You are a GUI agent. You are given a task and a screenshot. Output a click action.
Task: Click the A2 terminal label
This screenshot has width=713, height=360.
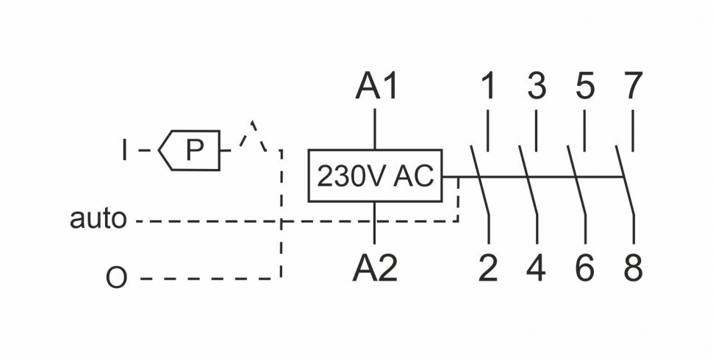click(375, 269)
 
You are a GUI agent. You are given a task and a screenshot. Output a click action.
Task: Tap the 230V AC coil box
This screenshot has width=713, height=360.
click(375, 176)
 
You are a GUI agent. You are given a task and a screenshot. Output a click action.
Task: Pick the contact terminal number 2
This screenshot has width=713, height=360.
click(488, 269)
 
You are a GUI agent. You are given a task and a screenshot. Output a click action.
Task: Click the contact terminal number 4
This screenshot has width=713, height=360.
click(537, 269)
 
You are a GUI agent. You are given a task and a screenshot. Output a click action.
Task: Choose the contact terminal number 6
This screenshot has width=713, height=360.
click(584, 269)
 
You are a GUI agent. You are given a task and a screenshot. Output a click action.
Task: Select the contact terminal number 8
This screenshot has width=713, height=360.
click(633, 269)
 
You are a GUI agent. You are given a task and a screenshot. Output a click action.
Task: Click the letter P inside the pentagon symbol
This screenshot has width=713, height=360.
click(194, 151)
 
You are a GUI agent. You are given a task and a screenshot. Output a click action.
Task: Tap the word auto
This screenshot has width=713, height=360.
click(98, 218)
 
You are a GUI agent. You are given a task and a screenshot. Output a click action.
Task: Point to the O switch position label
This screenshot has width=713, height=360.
click(116, 279)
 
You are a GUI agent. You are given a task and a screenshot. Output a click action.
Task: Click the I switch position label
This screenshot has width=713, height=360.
click(125, 151)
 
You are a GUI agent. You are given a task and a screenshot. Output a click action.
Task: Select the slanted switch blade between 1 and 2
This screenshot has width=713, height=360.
click(479, 180)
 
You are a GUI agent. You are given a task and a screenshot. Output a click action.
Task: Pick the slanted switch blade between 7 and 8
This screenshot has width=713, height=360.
click(625, 180)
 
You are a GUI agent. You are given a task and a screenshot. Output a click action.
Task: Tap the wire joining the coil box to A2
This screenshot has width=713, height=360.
click(375, 222)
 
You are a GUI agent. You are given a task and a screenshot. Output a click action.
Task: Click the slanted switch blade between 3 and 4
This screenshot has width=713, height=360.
click(528, 180)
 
